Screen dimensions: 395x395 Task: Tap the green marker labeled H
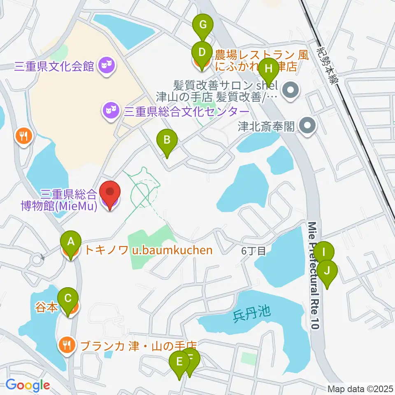tap(268, 68)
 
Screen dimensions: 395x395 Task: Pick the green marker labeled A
tap(71, 242)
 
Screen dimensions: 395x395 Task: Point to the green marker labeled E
tap(179, 362)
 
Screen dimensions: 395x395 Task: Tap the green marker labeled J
tap(327, 271)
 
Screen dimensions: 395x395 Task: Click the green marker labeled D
tap(202, 53)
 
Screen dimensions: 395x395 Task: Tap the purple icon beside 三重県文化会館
tap(106, 65)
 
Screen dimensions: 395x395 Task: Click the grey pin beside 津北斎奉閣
tap(307, 125)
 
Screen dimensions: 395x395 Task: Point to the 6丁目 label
tap(253, 251)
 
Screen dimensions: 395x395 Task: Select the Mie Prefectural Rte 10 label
tap(314, 276)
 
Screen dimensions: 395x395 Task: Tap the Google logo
tap(28, 385)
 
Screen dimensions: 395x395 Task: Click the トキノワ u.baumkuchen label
tap(149, 250)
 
